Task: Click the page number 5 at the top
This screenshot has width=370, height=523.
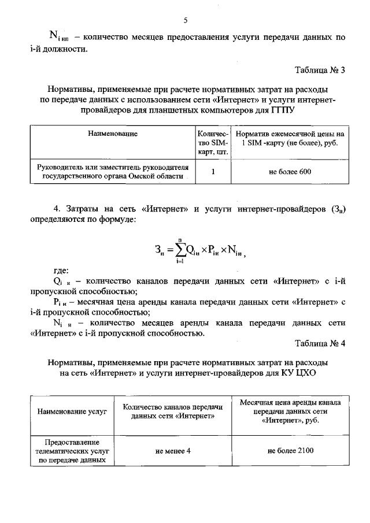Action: point(185,20)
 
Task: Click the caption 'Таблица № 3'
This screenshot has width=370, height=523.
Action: point(320,71)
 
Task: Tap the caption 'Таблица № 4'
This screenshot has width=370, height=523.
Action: point(320,343)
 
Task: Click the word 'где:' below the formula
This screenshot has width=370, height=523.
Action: point(61,270)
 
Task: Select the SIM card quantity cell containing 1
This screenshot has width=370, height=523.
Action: point(213,172)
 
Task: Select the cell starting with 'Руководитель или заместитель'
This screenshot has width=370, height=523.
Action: point(113,172)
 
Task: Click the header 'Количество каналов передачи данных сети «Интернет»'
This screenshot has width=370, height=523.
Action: point(173,411)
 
